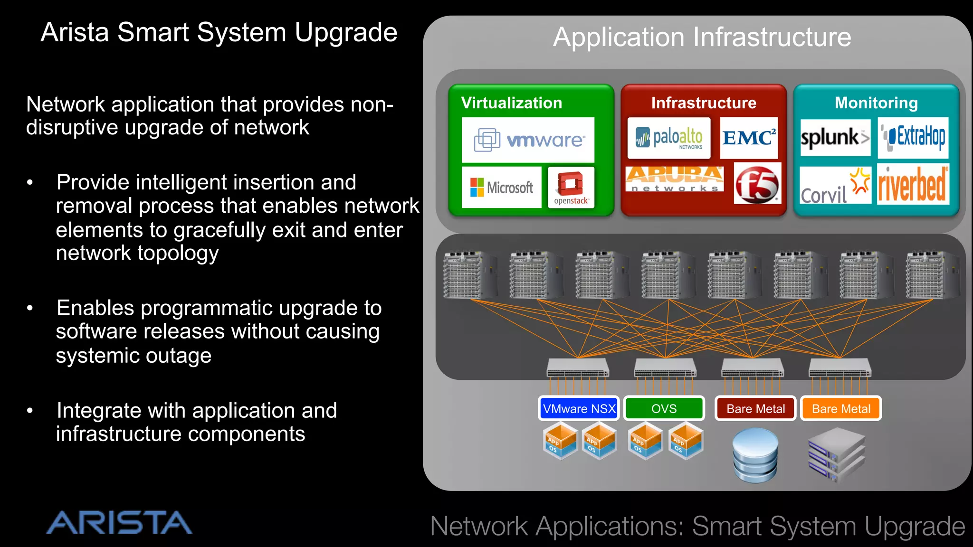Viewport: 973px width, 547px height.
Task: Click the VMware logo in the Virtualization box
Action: pos(528,140)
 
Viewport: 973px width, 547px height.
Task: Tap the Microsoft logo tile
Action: pos(501,188)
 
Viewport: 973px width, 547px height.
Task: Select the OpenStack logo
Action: pos(571,188)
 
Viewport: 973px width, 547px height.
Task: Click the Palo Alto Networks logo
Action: pos(668,138)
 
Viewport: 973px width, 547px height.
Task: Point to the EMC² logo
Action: pos(749,138)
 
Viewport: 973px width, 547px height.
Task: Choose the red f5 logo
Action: pos(757,184)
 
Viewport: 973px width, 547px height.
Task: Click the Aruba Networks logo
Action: pos(675,179)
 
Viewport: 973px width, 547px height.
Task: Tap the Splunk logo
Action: pos(835,138)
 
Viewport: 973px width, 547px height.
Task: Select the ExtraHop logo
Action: pos(913,138)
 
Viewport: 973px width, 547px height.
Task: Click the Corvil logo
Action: pos(835,186)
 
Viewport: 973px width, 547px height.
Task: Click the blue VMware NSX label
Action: pos(579,408)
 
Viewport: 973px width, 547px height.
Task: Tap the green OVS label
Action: pos(664,408)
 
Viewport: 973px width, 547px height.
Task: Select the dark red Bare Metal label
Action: pos(755,408)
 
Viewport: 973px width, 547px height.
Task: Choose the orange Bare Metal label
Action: pos(841,408)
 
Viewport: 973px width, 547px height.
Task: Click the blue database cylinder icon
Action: pos(755,455)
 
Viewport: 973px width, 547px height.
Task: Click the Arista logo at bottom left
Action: pos(119,522)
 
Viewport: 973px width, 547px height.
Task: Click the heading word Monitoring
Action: pos(876,103)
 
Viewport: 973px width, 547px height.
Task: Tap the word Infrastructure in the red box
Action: pos(704,103)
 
